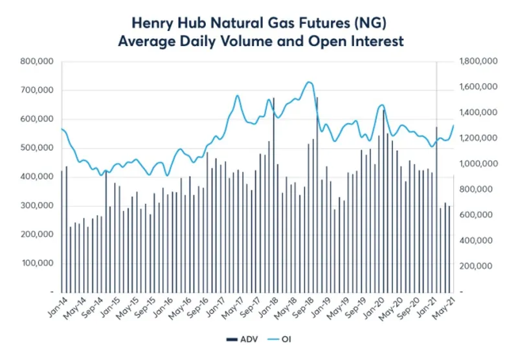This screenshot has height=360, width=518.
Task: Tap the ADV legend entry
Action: (x=243, y=339)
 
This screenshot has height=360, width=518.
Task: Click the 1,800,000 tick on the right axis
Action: (x=477, y=62)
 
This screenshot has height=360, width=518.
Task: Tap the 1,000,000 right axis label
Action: (x=477, y=164)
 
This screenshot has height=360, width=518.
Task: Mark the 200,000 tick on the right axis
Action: (x=480, y=266)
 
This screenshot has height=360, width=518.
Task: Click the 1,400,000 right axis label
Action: (x=477, y=113)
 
